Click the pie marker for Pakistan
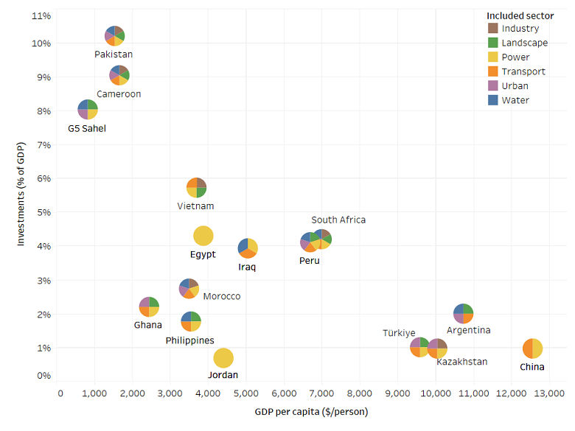[114, 35]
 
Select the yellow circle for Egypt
[203, 236]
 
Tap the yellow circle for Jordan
[223, 357]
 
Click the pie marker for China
[532, 348]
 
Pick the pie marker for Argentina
[463, 313]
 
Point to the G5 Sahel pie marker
[88, 110]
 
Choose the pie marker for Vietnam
[196, 187]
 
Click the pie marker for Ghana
[149, 306]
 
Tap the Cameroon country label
[119, 94]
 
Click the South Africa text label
[338, 220]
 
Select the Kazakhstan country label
[461, 362]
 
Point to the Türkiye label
[399, 333]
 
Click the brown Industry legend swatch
[493, 29]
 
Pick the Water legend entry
[515, 100]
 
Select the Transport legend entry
[523, 71]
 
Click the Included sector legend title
[520, 15]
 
